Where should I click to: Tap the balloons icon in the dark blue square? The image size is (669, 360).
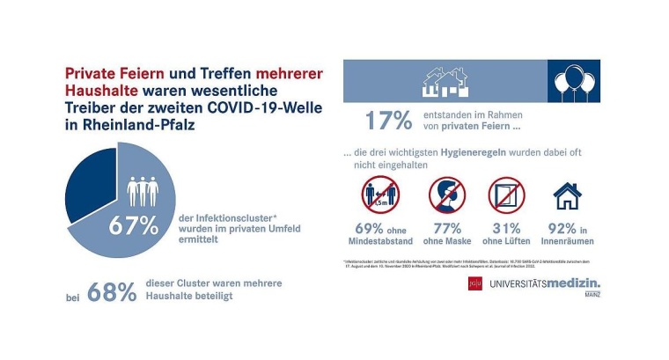[574, 82]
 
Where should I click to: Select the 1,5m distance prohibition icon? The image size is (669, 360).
[380, 195]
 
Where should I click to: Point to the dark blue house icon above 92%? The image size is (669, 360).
[566, 195]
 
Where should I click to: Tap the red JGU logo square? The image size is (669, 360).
[475, 284]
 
